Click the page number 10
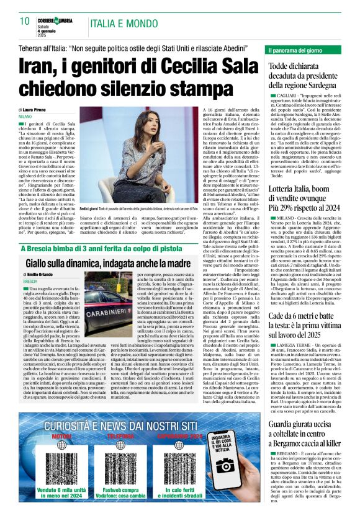[25, 21]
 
